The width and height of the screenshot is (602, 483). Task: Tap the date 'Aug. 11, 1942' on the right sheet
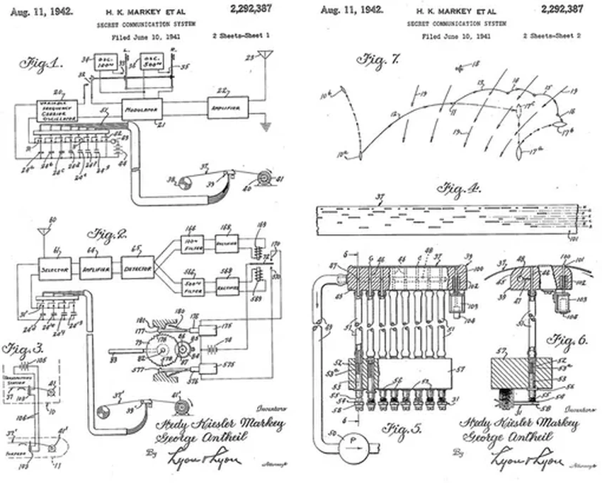point(352,11)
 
